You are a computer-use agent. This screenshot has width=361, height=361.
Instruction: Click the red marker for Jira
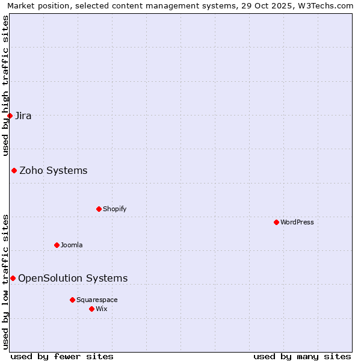10,116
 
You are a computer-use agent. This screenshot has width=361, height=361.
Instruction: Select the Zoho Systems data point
14,171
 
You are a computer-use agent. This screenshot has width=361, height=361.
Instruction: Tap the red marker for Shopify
99,209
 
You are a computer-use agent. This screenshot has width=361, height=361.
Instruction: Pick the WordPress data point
276,222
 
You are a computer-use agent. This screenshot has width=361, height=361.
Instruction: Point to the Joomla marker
57,245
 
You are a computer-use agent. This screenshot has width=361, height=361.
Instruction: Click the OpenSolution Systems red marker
13,278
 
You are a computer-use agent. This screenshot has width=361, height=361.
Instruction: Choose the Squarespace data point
72,300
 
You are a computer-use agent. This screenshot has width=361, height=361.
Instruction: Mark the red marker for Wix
91,309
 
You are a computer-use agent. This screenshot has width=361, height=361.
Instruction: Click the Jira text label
23,116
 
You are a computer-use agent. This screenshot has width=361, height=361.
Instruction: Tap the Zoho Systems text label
54,171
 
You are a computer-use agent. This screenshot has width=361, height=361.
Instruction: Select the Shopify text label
114,209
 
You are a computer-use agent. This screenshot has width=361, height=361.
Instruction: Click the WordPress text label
297,222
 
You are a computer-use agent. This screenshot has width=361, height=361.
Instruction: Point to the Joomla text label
72,245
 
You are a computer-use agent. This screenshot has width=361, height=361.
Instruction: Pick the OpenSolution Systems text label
73,278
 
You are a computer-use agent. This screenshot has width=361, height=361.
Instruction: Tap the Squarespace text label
97,300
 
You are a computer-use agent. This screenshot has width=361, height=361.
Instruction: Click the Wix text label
101,309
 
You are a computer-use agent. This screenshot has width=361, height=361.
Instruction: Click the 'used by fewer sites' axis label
62,356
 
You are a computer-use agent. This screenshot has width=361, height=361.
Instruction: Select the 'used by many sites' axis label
302,356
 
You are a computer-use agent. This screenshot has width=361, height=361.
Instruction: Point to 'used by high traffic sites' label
5,85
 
